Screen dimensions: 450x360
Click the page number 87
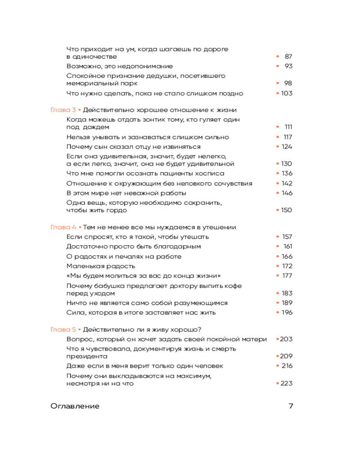tap(288, 57)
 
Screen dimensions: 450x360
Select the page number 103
tap(287, 93)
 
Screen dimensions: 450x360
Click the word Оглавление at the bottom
tap(75, 406)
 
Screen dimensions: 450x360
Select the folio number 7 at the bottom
tap(291, 406)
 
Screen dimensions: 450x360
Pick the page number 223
tap(287, 383)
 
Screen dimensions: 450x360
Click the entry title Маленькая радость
tap(94, 266)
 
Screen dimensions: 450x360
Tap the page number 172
tap(287, 266)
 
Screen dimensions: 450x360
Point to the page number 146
tap(287, 193)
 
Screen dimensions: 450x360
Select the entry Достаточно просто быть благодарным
tap(134, 247)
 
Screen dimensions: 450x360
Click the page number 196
tap(287, 312)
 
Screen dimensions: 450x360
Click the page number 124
tap(287, 147)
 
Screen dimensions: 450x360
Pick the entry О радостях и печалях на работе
tap(124, 256)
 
